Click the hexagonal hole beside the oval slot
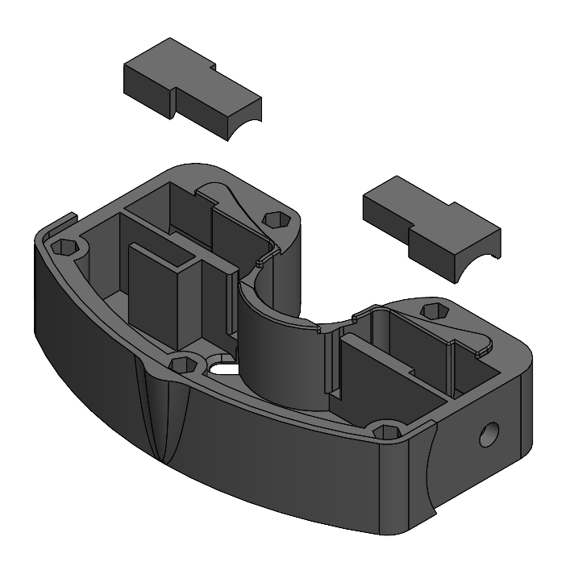coord(183,364)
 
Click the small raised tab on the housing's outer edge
coord(66,219)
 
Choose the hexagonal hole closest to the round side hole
coord(389,433)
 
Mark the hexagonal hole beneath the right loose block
coord(435,311)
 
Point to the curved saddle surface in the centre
coord(278,347)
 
